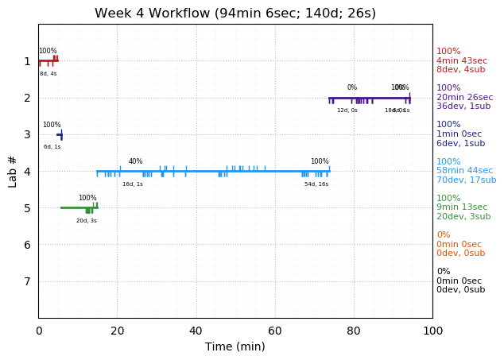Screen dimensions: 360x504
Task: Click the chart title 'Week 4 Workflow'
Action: point(235,14)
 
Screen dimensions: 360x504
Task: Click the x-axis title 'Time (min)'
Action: point(235,346)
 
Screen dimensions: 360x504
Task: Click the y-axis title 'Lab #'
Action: point(13,171)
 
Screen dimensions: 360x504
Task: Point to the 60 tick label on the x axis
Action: point(275,331)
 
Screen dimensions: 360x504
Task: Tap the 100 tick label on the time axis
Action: point(432,331)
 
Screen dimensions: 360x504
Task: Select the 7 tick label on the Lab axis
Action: point(27,281)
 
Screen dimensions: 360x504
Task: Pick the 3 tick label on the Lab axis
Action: point(27,134)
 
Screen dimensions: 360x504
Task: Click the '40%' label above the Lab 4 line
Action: point(136,161)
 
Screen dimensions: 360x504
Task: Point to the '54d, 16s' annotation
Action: point(316,184)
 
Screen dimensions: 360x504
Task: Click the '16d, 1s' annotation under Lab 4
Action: point(133,184)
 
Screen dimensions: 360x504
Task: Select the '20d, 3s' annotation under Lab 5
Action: point(87,221)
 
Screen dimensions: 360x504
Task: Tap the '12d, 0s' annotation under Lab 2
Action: point(347,110)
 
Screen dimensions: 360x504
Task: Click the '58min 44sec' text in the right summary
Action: point(465,171)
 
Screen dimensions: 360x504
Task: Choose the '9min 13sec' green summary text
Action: point(463,207)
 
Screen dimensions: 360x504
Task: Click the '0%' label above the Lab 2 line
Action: point(352,87)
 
